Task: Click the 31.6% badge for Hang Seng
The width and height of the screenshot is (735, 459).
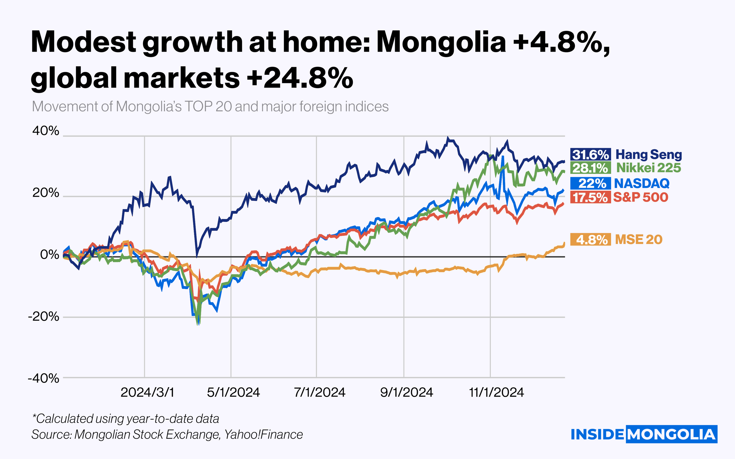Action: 590,155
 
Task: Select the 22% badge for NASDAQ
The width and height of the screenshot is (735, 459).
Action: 590,183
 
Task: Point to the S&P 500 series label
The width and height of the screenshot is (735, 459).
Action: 640,197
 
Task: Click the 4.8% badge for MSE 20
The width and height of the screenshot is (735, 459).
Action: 590,239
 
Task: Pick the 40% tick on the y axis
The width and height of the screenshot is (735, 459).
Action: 46,131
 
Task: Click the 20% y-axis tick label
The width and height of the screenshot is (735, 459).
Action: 46,193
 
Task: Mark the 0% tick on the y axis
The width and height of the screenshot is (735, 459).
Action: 50,254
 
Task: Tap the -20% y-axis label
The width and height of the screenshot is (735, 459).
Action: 43,316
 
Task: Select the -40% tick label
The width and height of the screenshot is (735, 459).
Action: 43,378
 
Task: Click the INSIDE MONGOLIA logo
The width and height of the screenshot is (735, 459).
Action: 644,434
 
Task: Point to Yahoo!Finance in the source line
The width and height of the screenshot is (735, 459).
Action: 263,434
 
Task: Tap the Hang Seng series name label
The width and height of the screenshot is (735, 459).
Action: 649,154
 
